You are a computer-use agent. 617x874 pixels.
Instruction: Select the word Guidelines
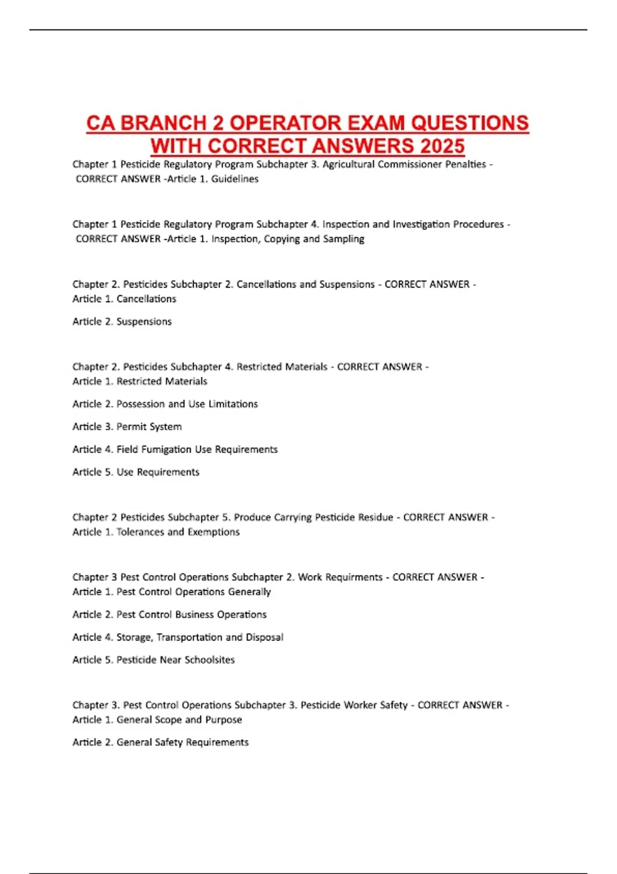(x=234, y=179)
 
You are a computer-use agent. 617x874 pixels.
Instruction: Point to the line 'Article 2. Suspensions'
(x=122, y=321)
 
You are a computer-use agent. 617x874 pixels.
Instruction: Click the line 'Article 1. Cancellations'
(x=124, y=299)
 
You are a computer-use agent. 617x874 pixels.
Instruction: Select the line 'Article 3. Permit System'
(x=127, y=427)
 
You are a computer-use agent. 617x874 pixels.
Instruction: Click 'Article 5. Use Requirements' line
(x=136, y=472)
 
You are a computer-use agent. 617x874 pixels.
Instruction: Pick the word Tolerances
(x=140, y=532)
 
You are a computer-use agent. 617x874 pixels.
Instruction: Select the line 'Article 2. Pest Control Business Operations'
(x=169, y=614)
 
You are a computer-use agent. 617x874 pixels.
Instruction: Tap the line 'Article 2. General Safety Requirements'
(x=160, y=742)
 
